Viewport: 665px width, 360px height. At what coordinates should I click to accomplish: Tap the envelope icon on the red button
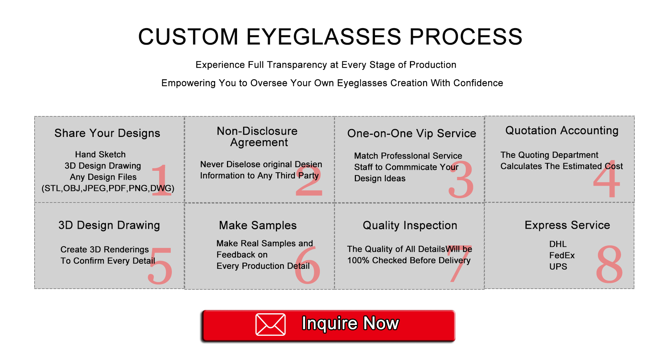tap(271, 324)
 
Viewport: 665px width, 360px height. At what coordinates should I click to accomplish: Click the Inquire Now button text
tap(350, 323)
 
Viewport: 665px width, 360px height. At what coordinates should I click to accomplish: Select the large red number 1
tap(161, 180)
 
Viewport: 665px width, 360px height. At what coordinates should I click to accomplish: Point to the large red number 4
tap(607, 179)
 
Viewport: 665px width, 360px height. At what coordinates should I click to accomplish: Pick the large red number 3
tap(461, 179)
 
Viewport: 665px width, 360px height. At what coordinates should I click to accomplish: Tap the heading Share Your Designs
tap(107, 133)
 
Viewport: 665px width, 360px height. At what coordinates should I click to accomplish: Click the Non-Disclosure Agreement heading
tap(258, 137)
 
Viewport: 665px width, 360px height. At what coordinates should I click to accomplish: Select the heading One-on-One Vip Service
tap(412, 133)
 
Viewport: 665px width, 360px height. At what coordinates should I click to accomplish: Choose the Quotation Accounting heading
tap(562, 130)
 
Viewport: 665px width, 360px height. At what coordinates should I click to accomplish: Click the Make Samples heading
tap(258, 225)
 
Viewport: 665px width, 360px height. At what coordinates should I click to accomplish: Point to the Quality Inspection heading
tap(410, 226)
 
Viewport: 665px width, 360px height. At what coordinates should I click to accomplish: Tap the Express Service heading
tap(567, 225)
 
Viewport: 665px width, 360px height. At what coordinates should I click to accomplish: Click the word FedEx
tap(562, 255)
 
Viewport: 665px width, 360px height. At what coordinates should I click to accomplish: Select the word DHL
tap(558, 244)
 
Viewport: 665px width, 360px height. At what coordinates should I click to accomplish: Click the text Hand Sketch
tap(101, 155)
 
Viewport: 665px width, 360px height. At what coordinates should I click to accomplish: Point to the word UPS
tap(558, 267)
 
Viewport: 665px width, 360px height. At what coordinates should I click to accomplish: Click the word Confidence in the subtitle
tap(478, 83)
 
